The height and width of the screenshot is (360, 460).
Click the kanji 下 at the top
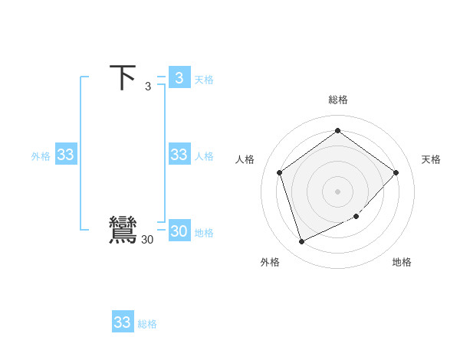point(123,78)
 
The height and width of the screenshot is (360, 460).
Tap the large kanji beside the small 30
point(123,231)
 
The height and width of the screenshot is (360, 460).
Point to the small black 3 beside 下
point(148,86)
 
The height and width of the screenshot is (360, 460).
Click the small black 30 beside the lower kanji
point(147,240)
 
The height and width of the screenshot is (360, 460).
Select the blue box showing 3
point(179,77)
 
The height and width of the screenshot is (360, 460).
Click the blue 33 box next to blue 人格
point(179,155)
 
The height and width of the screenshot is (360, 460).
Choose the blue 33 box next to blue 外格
point(65,155)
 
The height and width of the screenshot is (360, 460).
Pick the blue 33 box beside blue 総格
point(123,322)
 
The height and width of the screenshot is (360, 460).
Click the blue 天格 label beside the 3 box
point(203,80)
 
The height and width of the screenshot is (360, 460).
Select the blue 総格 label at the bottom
point(147,324)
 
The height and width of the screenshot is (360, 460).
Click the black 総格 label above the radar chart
point(337,100)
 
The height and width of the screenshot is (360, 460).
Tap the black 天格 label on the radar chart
point(431,159)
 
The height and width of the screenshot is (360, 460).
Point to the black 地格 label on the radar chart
point(402,262)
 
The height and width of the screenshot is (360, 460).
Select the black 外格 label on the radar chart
point(270,262)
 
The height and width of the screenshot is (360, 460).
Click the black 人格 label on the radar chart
point(245,159)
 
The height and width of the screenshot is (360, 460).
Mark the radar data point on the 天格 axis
point(396,172)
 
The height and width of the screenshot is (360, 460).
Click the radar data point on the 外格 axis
point(301,242)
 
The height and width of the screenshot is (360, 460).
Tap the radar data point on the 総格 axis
point(337,130)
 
